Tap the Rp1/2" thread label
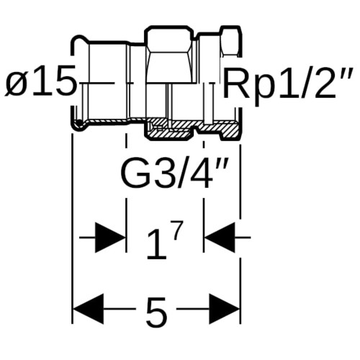[x=288, y=84]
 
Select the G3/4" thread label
[x=174, y=172]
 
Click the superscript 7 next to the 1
[x=178, y=230]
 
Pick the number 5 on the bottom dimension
[x=156, y=312]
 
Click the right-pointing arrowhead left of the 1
[x=110, y=238]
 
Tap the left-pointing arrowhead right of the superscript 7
[x=220, y=238]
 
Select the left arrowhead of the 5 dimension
[x=89, y=309]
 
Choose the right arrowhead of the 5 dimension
[x=225, y=309]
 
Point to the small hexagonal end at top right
[x=230, y=41]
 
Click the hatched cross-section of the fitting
[x=192, y=128]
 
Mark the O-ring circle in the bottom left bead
[x=78, y=124]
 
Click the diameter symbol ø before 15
[x=17, y=84]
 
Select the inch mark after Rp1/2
[x=346, y=74]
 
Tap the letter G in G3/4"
[x=132, y=172]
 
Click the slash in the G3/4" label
[x=181, y=172]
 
